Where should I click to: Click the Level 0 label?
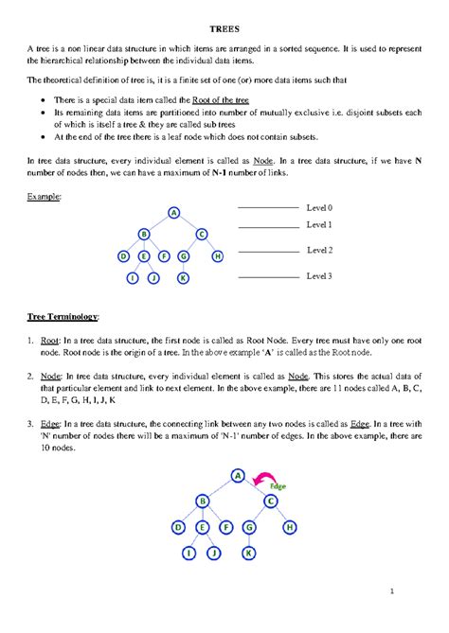click(x=319, y=206)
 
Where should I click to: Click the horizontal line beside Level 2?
click(x=267, y=252)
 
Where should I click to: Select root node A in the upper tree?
click(x=174, y=212)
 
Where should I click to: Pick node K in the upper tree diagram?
click(x=183, y=278)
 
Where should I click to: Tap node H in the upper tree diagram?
click(x=217, y=255)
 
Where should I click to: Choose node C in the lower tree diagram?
click(x=270, y=501)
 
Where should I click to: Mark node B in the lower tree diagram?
click(x=203, y=501)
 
